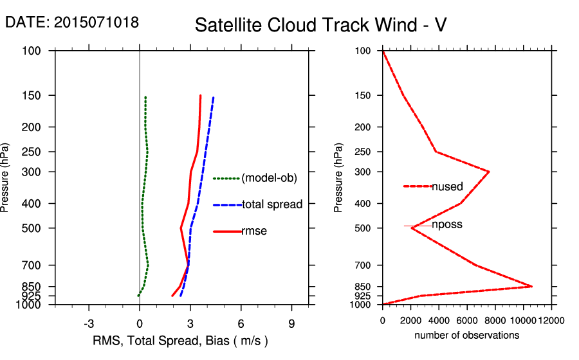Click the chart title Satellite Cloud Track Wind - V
coord(320,25)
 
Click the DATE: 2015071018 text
coord(71,22)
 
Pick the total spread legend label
coord(272,204)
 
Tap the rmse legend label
coord(254,231)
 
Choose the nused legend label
coord(447,186)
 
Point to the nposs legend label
coord(447,225)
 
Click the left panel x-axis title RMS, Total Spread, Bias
coord(180,340)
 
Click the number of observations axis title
coord(466,335)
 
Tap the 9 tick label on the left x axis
coord(291,323)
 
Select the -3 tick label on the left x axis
coord(89,323)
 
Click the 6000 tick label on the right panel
coord(466,320)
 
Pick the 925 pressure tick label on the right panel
coord(365,296)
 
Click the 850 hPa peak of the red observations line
coord(531,286)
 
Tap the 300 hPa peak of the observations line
coord(489,172)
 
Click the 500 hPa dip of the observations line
coord(412,228)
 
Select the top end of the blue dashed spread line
coord(213,98)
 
